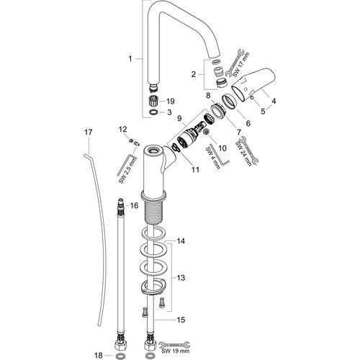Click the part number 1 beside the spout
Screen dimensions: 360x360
[x=130, y=58]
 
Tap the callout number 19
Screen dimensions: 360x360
[x=171, y=102]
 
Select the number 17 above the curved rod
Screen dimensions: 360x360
[x=89, y=132]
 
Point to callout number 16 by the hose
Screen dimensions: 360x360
[x=135, y=205]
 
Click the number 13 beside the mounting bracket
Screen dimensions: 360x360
[x=181, y=278]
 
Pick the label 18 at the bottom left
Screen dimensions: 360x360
[x=99, y=355]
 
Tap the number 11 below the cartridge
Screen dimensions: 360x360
[x=195, y=170]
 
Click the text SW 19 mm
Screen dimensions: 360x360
[x=176, y=351]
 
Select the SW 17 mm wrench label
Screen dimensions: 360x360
[x=241, y=65]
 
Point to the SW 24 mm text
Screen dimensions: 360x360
[x=244, y=153]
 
